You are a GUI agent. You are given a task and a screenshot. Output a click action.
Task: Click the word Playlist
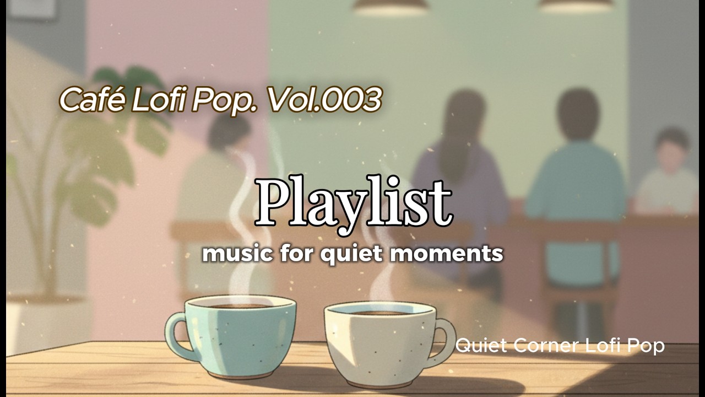tap(353, 202)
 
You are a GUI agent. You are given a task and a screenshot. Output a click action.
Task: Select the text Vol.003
tap(324, 100)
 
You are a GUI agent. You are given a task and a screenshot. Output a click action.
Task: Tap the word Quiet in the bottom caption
tap(482, 346)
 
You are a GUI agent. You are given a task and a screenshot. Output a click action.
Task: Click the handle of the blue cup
tap(175, 336)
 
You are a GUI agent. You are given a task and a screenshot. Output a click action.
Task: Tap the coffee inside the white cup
tap(380, 312)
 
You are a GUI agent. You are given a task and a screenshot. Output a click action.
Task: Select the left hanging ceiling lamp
tap(390, 6)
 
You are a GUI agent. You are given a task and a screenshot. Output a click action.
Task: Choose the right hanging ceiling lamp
tap(576, 5)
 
